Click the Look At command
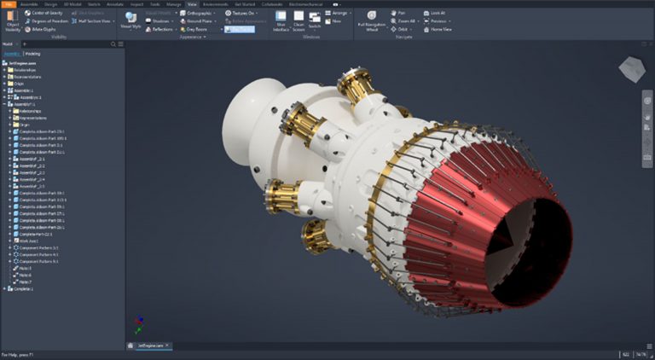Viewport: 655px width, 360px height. pos(438,14)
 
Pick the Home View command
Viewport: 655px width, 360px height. pos(440,28)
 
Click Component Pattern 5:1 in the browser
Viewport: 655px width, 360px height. pos(38,261)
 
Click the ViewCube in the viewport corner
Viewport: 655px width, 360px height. pos(633,67)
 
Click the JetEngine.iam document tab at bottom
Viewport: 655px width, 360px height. pos(151,345)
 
